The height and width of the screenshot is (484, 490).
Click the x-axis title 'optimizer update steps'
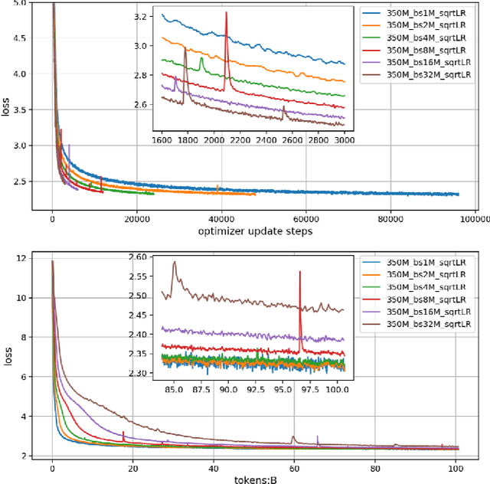pos(254,231)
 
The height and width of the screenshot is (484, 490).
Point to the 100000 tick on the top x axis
pos(458,217)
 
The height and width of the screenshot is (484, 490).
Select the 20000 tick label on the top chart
pos(136,217)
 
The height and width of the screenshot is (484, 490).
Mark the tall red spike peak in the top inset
pos(227,12)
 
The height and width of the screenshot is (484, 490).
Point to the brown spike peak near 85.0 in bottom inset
pos(175,262)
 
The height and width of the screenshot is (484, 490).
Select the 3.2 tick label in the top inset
pos(142,16)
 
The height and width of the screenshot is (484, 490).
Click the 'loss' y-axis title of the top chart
pos(7,109)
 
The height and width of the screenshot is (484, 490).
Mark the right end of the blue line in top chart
pos(458,195)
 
